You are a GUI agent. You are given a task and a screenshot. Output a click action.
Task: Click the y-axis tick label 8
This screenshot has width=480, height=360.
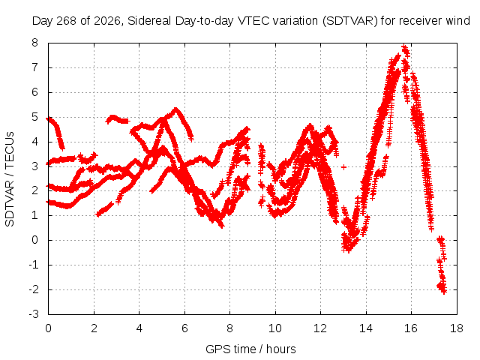tap(35, 43)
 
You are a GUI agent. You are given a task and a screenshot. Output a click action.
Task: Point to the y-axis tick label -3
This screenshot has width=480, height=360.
tap(34, 314)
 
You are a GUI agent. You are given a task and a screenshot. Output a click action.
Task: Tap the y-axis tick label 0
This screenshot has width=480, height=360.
tap(35, 240)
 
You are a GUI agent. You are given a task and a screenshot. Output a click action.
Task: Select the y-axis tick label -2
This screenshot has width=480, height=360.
tap(34, 289)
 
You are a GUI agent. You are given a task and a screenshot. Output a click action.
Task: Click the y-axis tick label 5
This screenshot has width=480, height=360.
tap(35, 117)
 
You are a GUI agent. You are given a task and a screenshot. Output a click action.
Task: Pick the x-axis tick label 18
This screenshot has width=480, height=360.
tap(457, 328)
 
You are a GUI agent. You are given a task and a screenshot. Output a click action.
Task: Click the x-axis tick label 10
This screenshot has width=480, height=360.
tap(275, 328)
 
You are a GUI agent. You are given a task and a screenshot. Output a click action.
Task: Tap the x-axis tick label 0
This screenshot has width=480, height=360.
tap(48, 328)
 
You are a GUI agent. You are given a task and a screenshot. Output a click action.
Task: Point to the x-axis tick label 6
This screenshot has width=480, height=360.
tap(184, 328)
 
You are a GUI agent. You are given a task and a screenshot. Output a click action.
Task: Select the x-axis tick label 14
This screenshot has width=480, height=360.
tap(366, 328)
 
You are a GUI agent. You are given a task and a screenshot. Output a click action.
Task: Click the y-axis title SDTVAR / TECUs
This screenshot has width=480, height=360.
tap(10, 179)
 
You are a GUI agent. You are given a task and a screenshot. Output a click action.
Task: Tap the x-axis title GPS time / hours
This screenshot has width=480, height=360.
tap(250, 349)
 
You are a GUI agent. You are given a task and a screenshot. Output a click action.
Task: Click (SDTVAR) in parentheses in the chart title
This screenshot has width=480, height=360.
tap(349, 21)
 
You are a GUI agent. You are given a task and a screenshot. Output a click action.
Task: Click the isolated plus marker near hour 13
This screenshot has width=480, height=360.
tap(343, 167)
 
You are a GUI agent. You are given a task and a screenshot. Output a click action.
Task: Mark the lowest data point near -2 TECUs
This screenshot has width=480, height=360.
tap(444, 292)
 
